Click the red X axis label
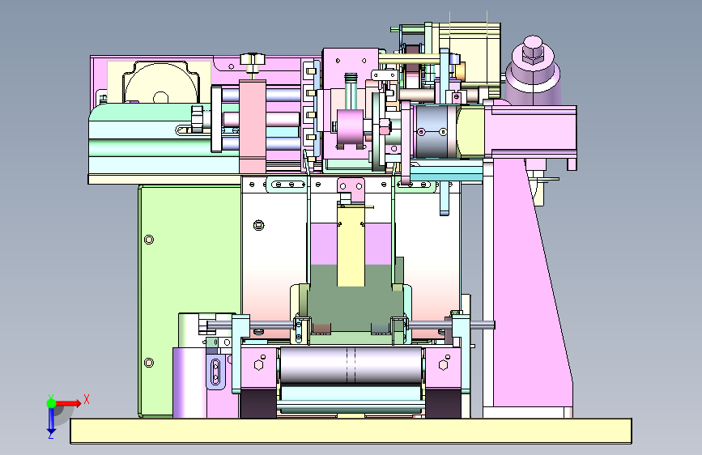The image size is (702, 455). pos(87,399)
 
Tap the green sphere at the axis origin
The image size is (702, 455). pos(52,403)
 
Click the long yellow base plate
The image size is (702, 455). pos(351,431)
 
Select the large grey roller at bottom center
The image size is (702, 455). pos(351,364)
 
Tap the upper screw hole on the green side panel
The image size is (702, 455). pos(149,240)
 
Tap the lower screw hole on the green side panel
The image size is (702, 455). pos(149,363)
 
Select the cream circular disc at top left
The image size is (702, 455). pos(161,83)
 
